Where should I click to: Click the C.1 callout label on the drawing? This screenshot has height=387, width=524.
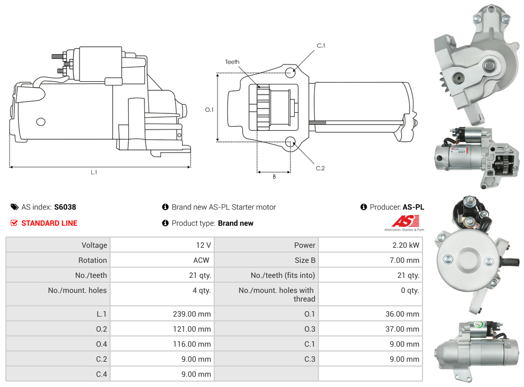pyautogui.click(x=321, y=46)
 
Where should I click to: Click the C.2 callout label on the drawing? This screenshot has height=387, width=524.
pyautogui.click(x=320, y=168)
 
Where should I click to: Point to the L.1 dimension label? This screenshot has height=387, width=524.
pyautogui.click(x=94, y=172)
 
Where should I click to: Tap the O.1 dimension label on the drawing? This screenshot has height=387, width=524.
pyautogui.click(x=209, y=110)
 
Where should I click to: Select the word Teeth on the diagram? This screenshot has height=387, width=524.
pyautogui.click(x=232, y=62)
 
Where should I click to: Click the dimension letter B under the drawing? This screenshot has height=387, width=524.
pyautogui.click(x=274, y=176)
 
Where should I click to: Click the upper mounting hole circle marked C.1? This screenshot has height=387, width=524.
pyautogui.click(x=290, y=73)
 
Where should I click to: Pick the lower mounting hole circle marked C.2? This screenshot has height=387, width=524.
pyautogui.click(x=290, y=142)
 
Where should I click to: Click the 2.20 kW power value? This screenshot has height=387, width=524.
pyautogui.click(x=406, y=245)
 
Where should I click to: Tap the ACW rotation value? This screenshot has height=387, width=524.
pyautogui.click(x=202, y=260)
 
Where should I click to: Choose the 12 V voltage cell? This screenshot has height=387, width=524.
pyautogui.click(x=203, y=245)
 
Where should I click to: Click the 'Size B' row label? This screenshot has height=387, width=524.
pyautogui.click(x=305, y=260)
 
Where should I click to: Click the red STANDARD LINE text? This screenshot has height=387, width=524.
pyautogui.click(x=49, y=223)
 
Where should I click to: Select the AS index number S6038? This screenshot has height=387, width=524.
pyautogui.click(x=65, y=207)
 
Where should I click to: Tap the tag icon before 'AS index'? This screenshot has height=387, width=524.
pyautogui.click(x=14, y=207)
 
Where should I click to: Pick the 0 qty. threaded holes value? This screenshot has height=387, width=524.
pyautogui.click(x=410, y=290)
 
